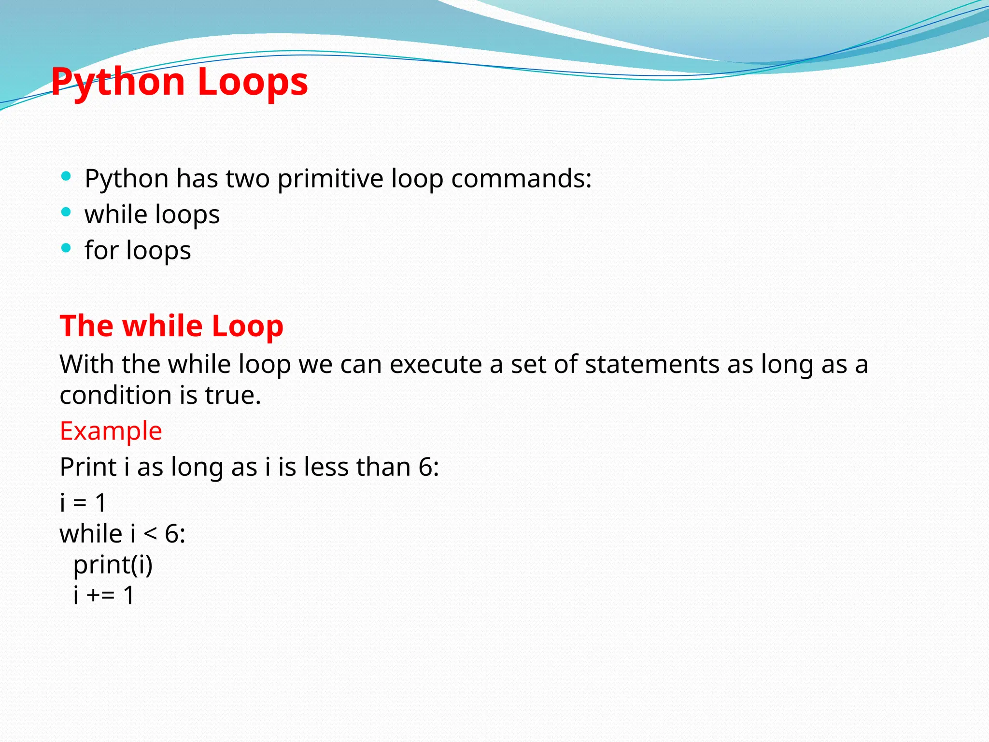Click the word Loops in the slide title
point(253,82)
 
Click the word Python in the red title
point(118,82)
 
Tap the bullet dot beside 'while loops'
point(66,212)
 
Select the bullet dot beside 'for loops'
point(66,248)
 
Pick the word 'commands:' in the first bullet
point(521,179)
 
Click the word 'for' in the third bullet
point(101,250)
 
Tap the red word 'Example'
point(111,431)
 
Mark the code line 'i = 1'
point(83,503)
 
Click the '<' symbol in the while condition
point(150,534)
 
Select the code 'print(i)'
point(113,565)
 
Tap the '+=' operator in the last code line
point(101,595)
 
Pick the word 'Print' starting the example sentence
point(88,467)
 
